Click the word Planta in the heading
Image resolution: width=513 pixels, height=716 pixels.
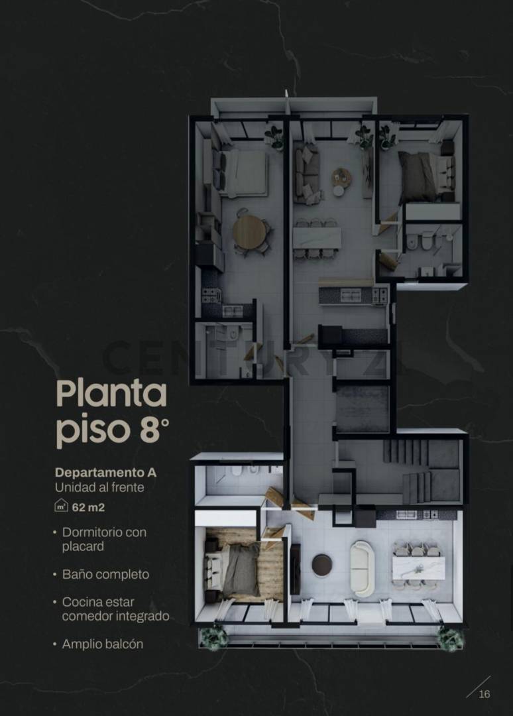[111, 394]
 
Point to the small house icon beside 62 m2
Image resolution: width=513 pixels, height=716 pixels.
[61, 508]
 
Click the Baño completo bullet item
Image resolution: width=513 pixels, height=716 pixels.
[105, 575]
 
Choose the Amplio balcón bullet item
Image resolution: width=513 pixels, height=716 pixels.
[102, 644]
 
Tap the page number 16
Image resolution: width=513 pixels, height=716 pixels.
[484, 693]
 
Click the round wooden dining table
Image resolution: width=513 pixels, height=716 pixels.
[250, 231]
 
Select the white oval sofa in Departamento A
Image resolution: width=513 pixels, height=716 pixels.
[362, 567]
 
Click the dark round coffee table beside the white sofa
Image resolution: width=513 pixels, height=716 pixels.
[322, 565]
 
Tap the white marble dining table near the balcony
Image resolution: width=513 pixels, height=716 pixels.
[417, 567]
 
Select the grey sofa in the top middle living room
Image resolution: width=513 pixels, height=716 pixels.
[306, 174]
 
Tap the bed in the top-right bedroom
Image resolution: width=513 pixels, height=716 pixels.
[424, 176]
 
